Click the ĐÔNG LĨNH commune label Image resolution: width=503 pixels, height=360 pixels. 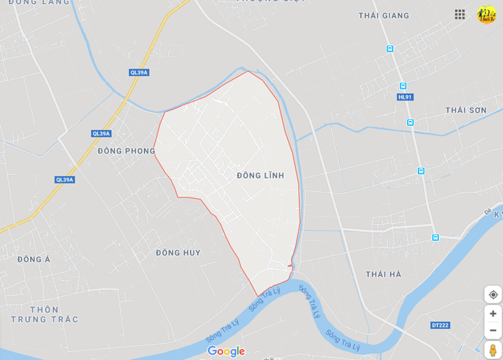[260, 176]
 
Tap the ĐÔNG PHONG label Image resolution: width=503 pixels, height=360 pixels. [127, 151]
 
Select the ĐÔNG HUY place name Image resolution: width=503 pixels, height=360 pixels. [178, 253]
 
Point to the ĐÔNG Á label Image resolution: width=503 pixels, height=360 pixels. [34, 259]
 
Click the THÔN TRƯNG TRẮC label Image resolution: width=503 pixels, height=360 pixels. [44, 314]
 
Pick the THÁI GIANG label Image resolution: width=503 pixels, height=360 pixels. [384, 16]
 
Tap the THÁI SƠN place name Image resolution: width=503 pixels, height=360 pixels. [466, 110]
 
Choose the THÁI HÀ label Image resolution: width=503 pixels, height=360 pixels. [383, 274]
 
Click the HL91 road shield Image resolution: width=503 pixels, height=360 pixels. [405, 97]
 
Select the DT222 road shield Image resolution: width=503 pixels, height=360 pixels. [440, 325]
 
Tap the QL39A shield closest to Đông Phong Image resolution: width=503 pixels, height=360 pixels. [101, 133]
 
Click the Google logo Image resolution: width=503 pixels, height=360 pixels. [226, 351]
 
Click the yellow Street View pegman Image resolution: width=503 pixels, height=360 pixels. [492, 350]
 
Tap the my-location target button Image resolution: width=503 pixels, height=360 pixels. [493, 294]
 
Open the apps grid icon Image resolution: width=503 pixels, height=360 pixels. [460, 14]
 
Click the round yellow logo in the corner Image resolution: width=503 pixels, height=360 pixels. [486, 14]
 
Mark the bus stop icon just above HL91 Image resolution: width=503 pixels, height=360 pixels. [403, 86]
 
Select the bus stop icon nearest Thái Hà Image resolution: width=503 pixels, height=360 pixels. [435, 237]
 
